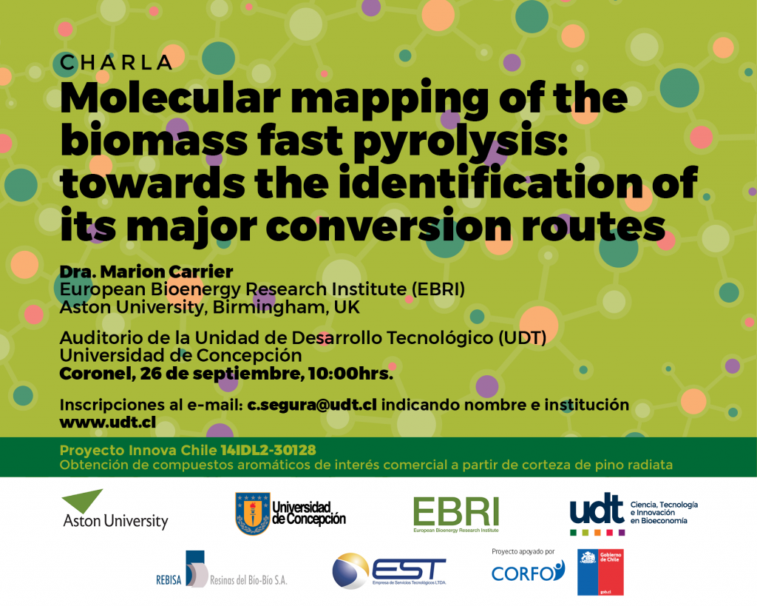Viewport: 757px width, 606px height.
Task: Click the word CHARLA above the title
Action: point(116,63)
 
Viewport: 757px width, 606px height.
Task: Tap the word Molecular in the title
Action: point(171,98)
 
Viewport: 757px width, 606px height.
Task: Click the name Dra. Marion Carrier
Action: point(146,272)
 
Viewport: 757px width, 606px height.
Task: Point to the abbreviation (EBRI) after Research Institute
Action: point(438,289)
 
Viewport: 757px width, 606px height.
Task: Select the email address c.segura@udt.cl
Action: point(312,405)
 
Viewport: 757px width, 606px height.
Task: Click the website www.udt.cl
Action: point(108,422)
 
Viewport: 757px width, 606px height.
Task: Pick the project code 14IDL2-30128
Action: point(268,451)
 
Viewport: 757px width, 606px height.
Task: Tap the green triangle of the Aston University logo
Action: point(83,500)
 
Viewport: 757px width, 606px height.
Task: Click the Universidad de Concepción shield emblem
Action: point(253,514)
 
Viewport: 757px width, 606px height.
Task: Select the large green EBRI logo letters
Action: point(456,512)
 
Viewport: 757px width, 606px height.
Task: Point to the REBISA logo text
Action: point(169,579)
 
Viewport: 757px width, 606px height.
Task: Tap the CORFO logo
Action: point(528,572)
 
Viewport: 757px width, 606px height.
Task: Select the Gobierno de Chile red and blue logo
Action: point(600,572)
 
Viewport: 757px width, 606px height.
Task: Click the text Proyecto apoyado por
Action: point(523,551)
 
